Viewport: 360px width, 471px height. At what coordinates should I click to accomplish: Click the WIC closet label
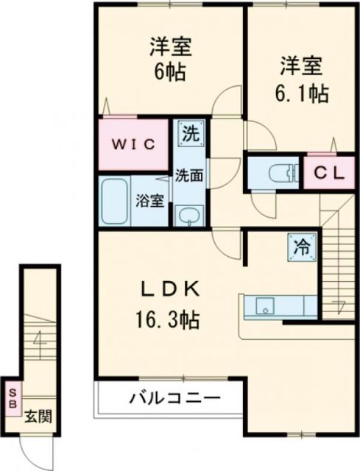(x=133, y=144)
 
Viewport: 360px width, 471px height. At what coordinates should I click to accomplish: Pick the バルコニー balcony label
(x=175, y=400)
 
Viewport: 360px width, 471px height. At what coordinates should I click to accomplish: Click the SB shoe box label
(x=12, y=399)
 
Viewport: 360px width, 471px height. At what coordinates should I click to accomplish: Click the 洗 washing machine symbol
(x=191, y=134)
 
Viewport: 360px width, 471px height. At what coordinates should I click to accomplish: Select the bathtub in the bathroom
(x=115, y=200)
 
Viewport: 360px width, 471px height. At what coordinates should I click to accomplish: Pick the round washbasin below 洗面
(x=190, y=215)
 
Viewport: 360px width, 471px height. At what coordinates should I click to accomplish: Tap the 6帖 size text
(x=171, y=72)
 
